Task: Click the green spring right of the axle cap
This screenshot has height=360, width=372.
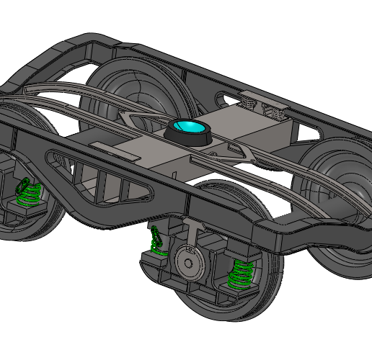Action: pos(239,274)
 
